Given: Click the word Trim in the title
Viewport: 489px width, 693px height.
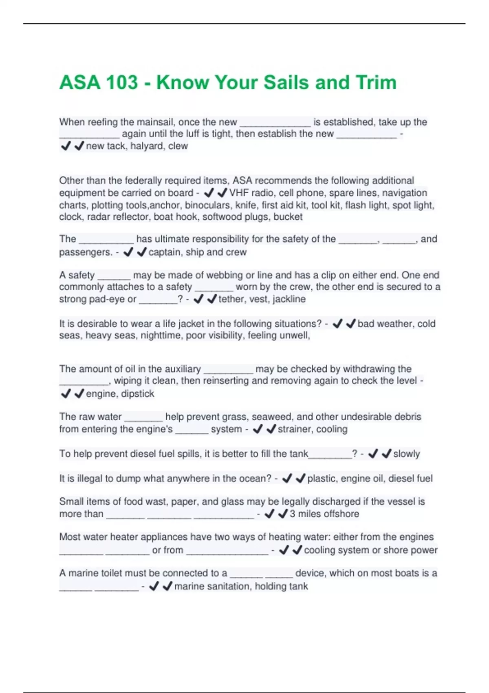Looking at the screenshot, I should (x=376, y=82).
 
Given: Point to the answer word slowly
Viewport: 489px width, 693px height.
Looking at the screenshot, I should (x=406, y=454).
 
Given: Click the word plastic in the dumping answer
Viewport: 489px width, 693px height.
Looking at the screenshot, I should (x=322, y=479).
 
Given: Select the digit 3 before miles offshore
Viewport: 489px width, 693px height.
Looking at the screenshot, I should (x=292, y=514).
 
